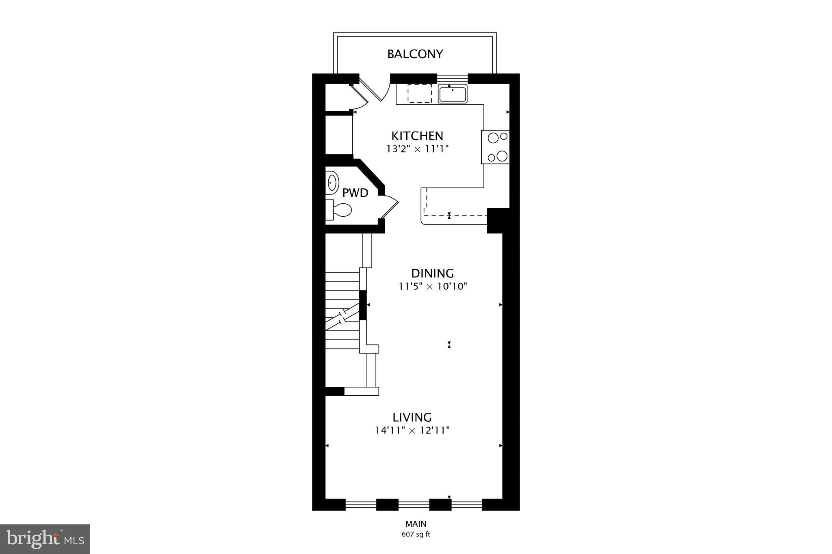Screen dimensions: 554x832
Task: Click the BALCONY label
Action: [415, 54]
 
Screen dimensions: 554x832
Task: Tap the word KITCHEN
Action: [417, 136]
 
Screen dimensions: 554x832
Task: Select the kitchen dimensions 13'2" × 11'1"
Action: [417, 149]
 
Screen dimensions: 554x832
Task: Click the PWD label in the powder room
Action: [355, 193]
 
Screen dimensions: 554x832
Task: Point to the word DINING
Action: [432, 273]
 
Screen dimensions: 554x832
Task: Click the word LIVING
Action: [412, 417]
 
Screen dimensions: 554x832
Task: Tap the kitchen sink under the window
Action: [453, 94]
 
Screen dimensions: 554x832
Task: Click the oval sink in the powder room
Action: [332, 183]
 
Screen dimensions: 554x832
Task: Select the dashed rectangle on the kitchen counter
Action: [420, 94]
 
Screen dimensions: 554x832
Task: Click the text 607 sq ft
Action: [416, 535]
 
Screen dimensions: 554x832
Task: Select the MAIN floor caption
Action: [416, 524]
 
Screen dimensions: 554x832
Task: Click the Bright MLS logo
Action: [45, 539]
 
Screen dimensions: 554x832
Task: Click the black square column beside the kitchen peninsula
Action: [498, 220]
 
